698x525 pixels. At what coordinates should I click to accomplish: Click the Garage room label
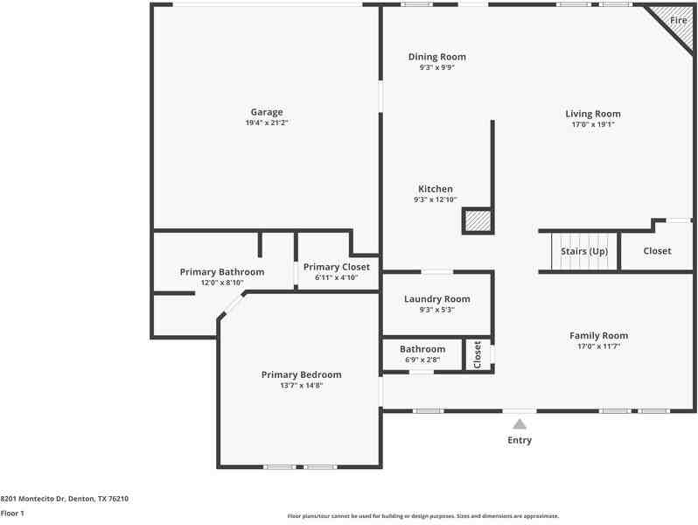[267, 112]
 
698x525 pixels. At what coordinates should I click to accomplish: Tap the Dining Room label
[437, 57]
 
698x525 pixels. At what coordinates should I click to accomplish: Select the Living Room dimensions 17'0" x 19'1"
[593, 124]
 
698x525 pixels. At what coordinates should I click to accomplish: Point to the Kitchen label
[436, 189]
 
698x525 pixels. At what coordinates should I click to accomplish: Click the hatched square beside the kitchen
[478, 220]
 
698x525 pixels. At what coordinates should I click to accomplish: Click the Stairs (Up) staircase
[584, 251]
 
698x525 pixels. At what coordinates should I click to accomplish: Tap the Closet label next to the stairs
[657, 251]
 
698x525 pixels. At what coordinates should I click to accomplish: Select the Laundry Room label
[437, 299]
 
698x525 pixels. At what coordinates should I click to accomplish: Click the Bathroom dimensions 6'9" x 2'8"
[422, 360]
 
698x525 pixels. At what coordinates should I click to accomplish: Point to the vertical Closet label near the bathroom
[478, 354]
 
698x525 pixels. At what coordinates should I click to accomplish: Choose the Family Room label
[599, 336]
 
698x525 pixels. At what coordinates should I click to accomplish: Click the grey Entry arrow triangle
[520, 424]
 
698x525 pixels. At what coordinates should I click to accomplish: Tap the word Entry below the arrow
[520, 440]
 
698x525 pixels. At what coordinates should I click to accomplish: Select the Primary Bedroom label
[302, 374]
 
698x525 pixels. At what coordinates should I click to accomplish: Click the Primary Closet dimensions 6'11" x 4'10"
[337, 277]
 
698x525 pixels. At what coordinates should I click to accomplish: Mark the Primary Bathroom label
[222, 272]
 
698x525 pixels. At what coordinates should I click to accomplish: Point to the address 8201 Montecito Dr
[34, 499]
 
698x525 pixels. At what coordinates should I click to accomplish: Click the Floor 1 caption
[12, 514]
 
